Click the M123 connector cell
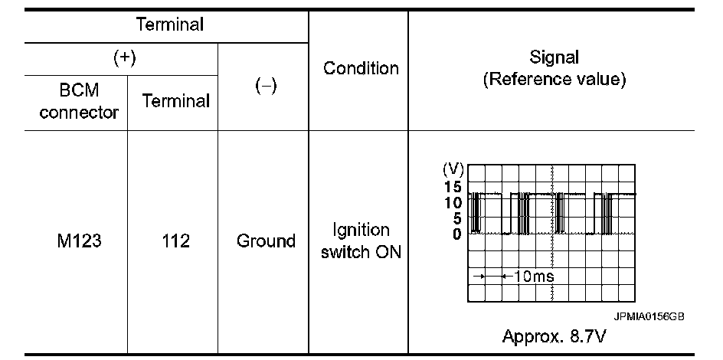(79, 241)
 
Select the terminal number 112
(175, 241)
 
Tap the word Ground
(266, 241)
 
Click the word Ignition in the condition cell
(361, 231)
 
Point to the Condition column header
(361, 68)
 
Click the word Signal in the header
(554, 57)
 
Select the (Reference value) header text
(554, 80)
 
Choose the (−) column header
(265, 87)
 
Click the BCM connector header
(79, 101)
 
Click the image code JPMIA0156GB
(648, 315)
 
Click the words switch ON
(361, 252)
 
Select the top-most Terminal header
(169, 24)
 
